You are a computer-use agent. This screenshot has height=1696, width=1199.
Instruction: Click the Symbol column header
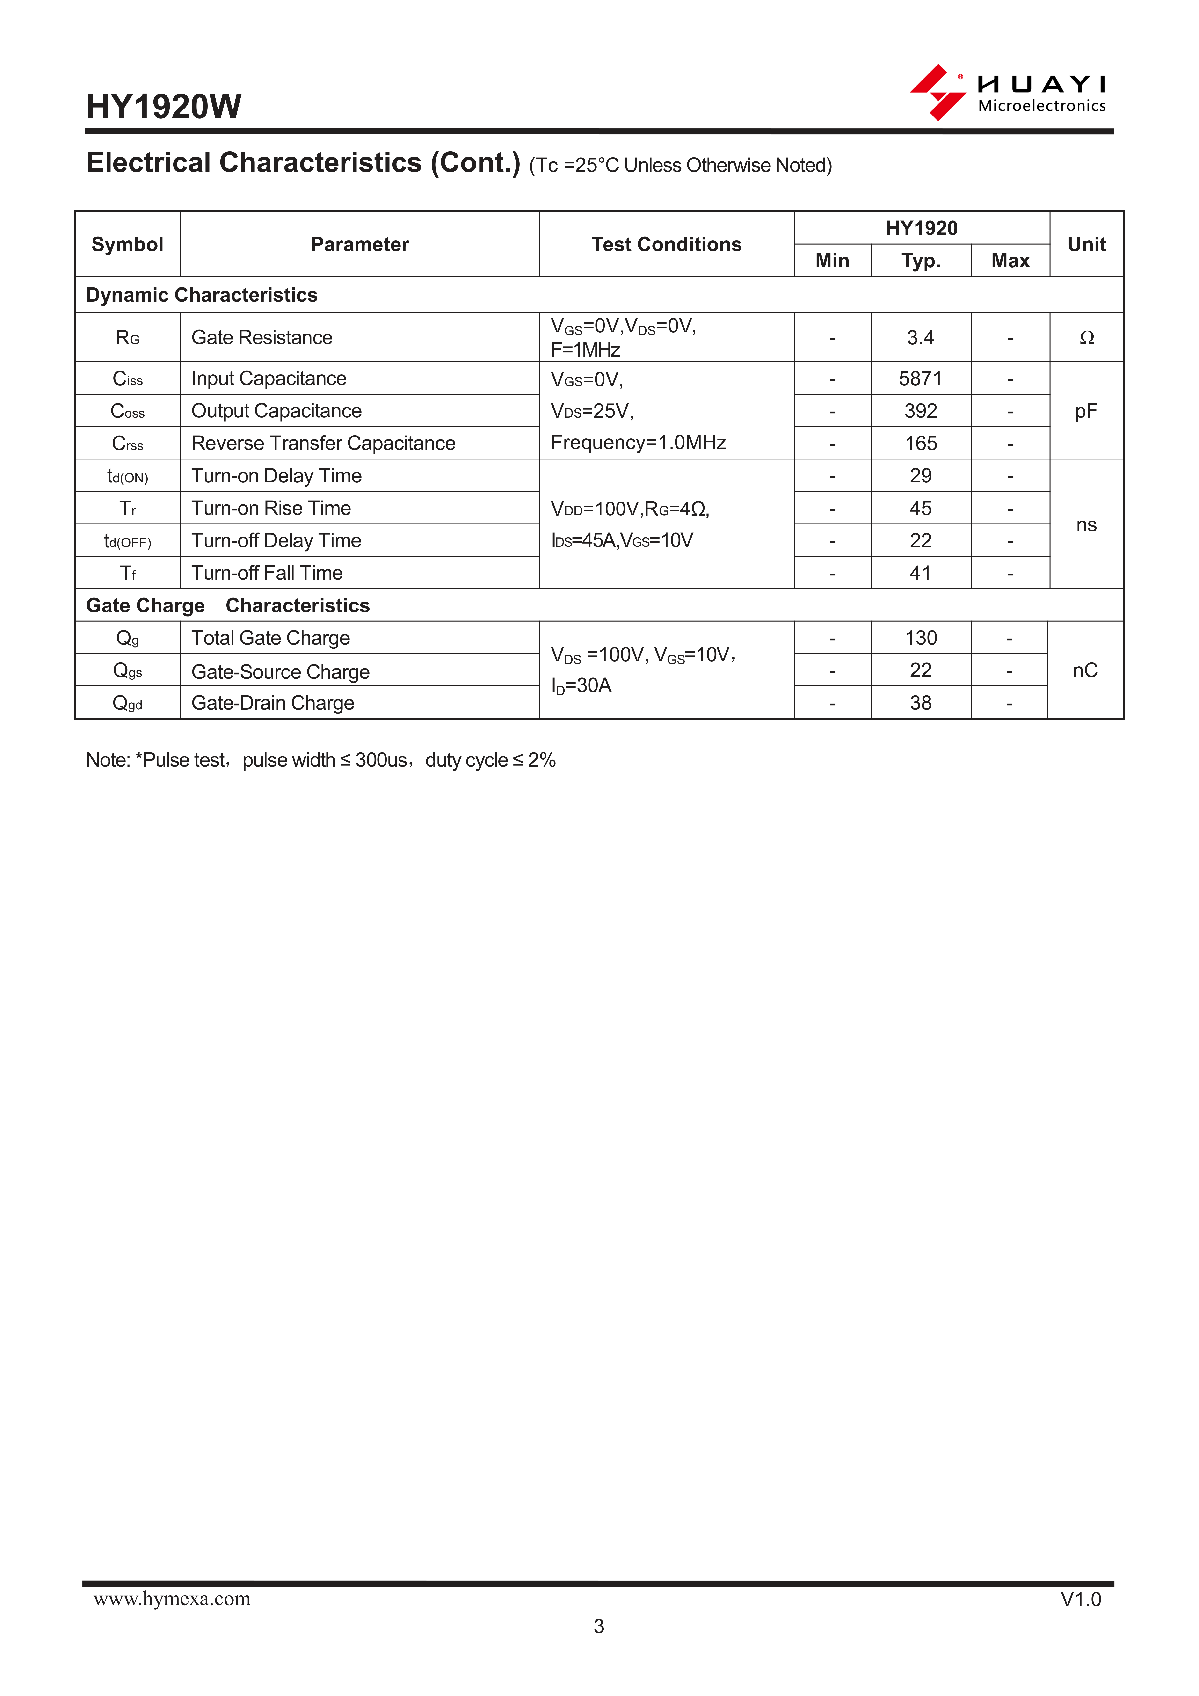click(x=127, y=245)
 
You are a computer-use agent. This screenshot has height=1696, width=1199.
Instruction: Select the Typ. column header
click(x=921, y=261)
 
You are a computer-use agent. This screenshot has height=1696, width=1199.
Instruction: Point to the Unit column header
click(x=1086, y=245)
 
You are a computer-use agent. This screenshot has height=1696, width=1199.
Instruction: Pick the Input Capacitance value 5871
click(x=921, y=379)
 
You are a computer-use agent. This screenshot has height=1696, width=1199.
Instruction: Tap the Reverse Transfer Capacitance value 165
click(x=921, y=443)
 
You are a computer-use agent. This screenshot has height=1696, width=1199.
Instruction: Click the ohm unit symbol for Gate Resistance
click(x=1086, y=338)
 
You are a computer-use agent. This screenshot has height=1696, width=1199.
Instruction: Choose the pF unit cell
click(x=1086, y=411)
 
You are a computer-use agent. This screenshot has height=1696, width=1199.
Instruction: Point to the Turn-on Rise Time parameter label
click(x=271, y=508)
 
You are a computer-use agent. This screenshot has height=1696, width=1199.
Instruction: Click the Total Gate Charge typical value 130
click(x=921, y=638)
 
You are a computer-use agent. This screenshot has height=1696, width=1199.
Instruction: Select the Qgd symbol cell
click(x=127, y=703)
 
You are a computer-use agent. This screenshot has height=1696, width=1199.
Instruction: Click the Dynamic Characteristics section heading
click(x=202, y=295)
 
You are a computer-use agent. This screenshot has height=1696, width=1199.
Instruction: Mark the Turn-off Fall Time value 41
click(x=921, y=573)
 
